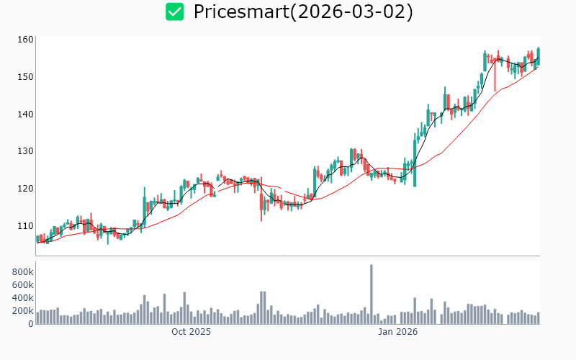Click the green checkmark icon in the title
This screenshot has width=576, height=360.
point(174,12)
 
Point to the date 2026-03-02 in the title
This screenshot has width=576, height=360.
point(356,12)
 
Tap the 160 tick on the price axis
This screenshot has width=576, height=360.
point(26,40)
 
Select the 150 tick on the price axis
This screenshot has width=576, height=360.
point(26,76)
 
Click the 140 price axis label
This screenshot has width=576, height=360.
point(26,114)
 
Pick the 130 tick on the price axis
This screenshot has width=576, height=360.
point(26,151)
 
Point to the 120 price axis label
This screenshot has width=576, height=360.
point(26,189)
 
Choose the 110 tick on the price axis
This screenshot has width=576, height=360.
point(26,226)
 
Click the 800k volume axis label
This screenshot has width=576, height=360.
point(22,272)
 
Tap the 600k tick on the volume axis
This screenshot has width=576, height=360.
point(22,285)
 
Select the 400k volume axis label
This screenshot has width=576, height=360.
point(22,298)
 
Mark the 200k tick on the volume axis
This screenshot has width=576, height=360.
point(22,311)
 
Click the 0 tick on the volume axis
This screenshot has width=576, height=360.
point(30,324)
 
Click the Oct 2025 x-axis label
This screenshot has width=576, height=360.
point(191,333)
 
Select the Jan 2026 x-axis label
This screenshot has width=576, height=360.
point(398,333)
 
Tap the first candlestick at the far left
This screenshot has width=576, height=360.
point(37,238)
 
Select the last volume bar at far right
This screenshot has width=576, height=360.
point(538,318)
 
